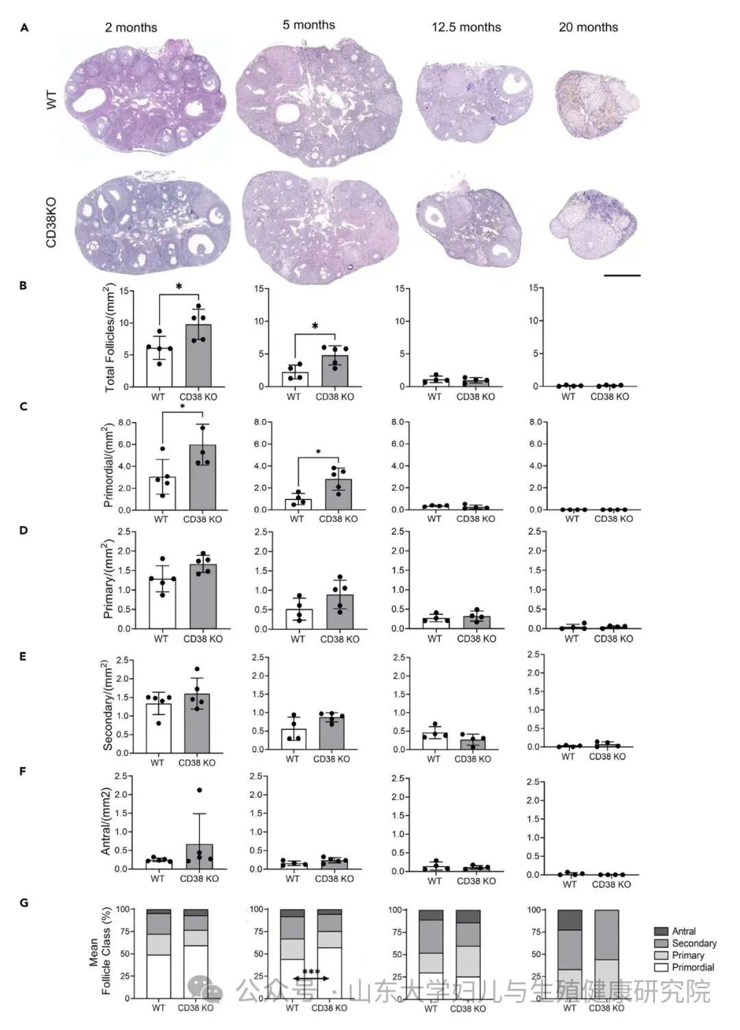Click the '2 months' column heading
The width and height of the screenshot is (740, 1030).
click(131, 27)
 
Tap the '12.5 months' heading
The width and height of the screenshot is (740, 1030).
click(466, 27)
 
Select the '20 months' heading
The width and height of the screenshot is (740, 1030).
click(588, 27)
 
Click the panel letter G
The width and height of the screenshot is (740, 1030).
click(24, 903)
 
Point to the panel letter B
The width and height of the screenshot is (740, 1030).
click(23, 286)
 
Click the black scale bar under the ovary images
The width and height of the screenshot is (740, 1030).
click(622, 275)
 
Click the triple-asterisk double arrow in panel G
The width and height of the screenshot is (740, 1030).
click(311, 978)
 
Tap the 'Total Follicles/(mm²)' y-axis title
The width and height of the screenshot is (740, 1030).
click(110, 338)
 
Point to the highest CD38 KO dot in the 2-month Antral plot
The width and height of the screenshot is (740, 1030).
click(199, 790)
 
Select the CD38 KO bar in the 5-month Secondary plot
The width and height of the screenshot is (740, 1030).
click(332, 733)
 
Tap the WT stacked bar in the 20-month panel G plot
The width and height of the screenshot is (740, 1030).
click(569, 954)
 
